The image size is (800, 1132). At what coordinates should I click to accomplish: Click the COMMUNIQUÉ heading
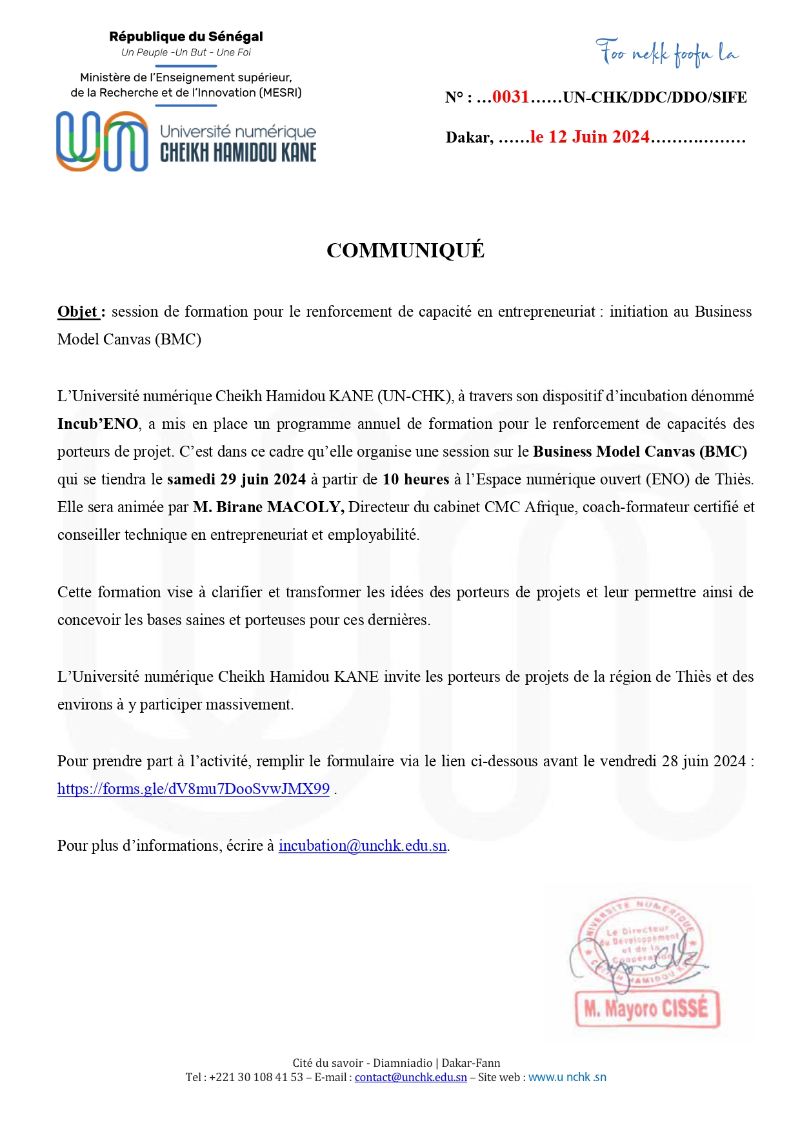[x=405, y=250]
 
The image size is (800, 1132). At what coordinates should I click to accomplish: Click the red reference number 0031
[x=510, y=97]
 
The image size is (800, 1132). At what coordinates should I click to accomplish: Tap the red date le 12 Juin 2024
[x=590, y=137]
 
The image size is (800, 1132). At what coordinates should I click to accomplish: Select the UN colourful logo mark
[x=102, y=141]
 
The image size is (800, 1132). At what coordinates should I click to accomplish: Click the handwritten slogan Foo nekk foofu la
[x=666, y=53]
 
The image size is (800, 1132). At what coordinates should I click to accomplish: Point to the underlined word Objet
[x=77, y=312]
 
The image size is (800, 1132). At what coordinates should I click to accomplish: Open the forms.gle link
[x=194, y=789]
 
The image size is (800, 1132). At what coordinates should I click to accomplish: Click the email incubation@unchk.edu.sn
[x=363, y=846]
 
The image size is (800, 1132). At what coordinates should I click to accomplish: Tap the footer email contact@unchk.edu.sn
[x=410, y=1077]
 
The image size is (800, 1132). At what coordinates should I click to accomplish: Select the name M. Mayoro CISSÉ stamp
[x=647, y=1008]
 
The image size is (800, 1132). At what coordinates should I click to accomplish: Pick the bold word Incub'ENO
[x=97, y=424]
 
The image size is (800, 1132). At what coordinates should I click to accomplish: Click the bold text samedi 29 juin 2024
[x=236, y=479]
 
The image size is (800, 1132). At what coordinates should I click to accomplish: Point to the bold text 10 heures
[x=415, y=479]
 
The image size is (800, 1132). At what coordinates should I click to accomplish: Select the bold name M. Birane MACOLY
[x=268, y=507]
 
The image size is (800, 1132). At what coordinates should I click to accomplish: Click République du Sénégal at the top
[x=186, y=37]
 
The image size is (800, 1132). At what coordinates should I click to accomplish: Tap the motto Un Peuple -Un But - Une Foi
[x=186, y=52]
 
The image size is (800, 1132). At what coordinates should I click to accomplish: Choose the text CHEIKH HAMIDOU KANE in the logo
[x=238, y=153]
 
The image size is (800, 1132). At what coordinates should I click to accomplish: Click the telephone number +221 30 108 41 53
[x=256, y=1077]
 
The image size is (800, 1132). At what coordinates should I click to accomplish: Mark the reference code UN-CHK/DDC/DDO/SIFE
[x=655, y=97]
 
